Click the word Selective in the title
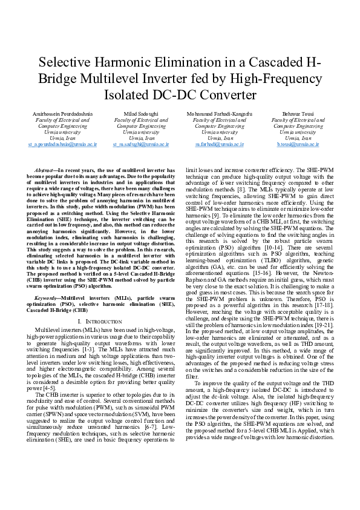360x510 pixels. (65, 63)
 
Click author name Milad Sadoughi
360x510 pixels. (140, 114)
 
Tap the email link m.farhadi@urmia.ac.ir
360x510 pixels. (219, 145)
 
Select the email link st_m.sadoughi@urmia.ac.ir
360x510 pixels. (140, 145)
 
